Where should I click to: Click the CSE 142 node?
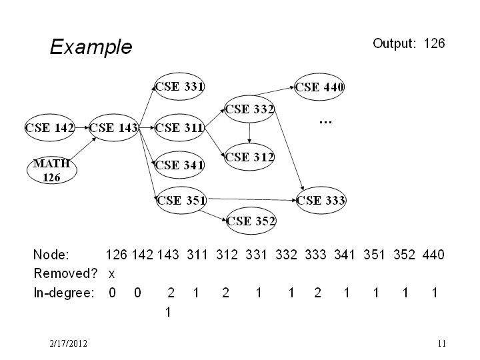tap(50, 127)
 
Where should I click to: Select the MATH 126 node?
tap(52, 170)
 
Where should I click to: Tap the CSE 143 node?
tap(113, 127)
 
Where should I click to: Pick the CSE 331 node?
tap(179, 86)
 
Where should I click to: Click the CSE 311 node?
tap(179, 127)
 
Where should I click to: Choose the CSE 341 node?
tap(179, 165)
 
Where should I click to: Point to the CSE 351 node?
tap(181, 201)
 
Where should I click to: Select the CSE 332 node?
tap(249, 109)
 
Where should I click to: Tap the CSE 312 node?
tap(249, 157)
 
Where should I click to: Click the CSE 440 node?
tap(319, 87)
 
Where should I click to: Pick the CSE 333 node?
tap(321, 200)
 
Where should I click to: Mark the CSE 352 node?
tap(251, 221)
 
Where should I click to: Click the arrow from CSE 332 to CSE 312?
tap(249, 133)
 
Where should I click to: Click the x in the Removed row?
tap(111, 274)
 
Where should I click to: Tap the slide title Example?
tap(91, 47)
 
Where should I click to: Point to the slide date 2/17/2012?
tap(68, 343)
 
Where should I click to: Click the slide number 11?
tap(442, 343)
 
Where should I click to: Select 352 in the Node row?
tap(404, 255)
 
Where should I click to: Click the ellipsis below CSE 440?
tap(325, 123)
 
